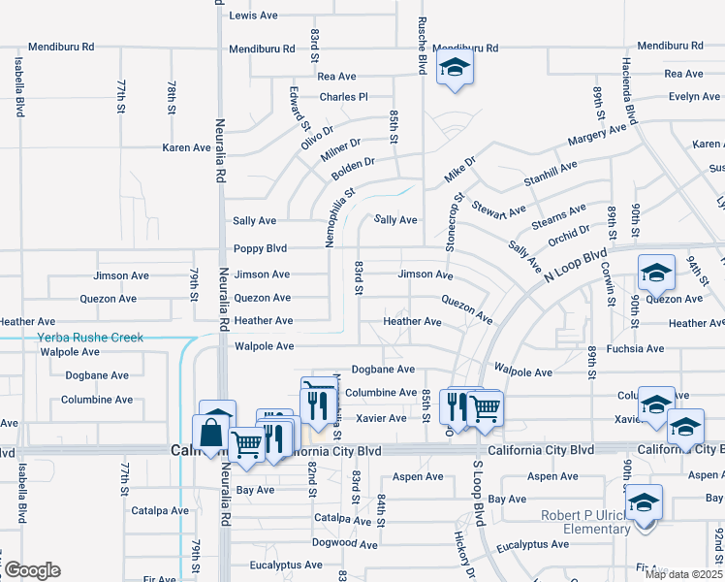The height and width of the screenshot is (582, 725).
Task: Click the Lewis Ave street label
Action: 254,16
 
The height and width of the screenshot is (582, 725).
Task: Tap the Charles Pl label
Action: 344,97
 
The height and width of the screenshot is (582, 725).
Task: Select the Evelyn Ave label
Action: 693,97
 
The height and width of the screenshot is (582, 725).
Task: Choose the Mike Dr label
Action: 460,169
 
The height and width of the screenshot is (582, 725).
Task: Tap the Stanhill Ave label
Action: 550,173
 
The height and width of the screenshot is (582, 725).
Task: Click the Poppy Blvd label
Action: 261,248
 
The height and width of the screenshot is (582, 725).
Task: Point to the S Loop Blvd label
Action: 478,494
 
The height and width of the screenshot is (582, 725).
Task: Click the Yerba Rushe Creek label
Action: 89,338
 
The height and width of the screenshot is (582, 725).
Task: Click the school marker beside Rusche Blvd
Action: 453,69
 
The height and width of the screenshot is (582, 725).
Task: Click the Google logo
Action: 31,570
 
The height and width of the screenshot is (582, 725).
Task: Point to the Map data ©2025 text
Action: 682,574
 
